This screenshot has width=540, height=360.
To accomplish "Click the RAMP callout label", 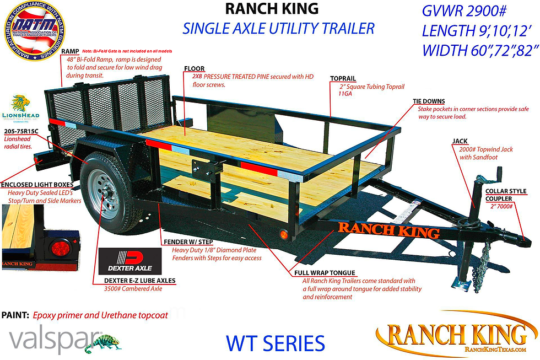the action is (70, 51).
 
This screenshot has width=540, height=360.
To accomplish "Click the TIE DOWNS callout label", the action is (429, 101).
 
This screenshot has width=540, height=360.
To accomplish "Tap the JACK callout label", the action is (460, 142).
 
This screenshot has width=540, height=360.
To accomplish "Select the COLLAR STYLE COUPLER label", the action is (505, 195).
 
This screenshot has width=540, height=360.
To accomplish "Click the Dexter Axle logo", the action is (130, 260).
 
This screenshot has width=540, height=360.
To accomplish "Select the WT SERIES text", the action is (275, 343).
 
